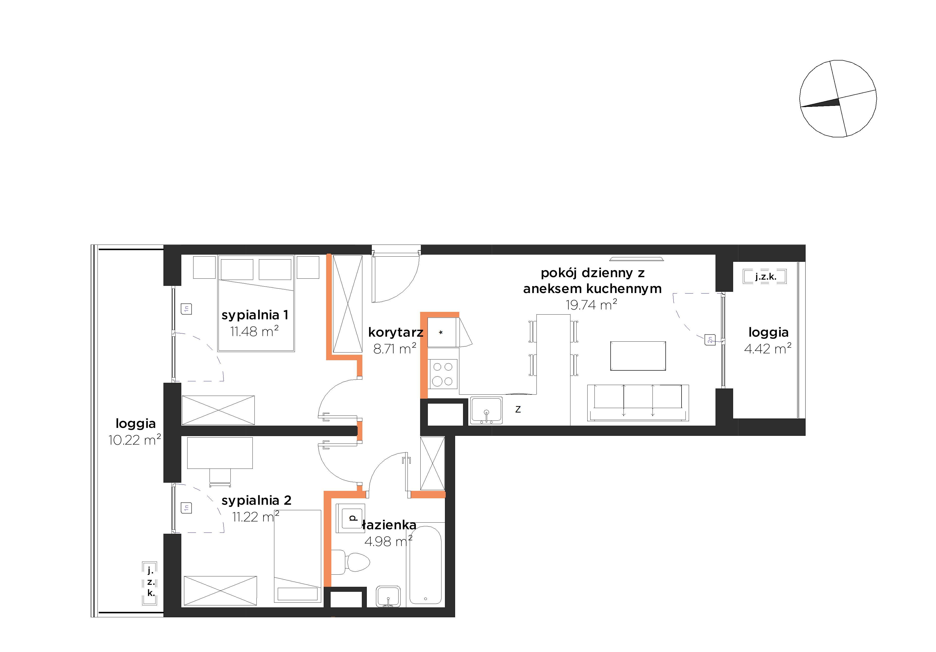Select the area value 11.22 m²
(x=256, y=516)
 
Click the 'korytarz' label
(x=395, y=332)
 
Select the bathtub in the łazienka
(x=425, y=564)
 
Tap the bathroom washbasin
(x=388, y=596)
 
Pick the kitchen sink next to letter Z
(x=486, y=410)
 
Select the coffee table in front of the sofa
(x=638, y=356)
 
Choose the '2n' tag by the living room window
(x=710, y=339)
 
